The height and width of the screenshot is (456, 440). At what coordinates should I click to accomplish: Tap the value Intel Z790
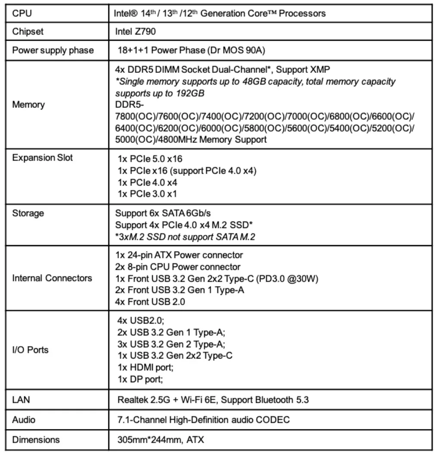pyautogui.click(x=136, y=32)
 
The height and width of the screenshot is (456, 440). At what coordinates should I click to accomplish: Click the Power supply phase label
pyautogui.click(x=53, y=50)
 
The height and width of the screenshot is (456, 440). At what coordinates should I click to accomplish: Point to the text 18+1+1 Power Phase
pyautogui.click(x=165, y=50)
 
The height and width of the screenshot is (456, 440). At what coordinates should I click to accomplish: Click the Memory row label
pyautogui.click(x=28, y=105)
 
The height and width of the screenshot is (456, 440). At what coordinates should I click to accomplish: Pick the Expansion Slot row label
pyautogui.click(x=43, y=158)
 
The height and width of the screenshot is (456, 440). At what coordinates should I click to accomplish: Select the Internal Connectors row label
pyautogui.click(x=52, y=278)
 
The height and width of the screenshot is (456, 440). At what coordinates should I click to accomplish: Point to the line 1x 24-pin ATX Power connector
pyautogui.click(x=180, y=255)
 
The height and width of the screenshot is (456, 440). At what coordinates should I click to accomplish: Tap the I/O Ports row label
pyautogui.click(x=30, y=350)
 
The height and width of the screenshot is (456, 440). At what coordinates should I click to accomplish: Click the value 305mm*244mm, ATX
pyautogui.click(x=161, y=440)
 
